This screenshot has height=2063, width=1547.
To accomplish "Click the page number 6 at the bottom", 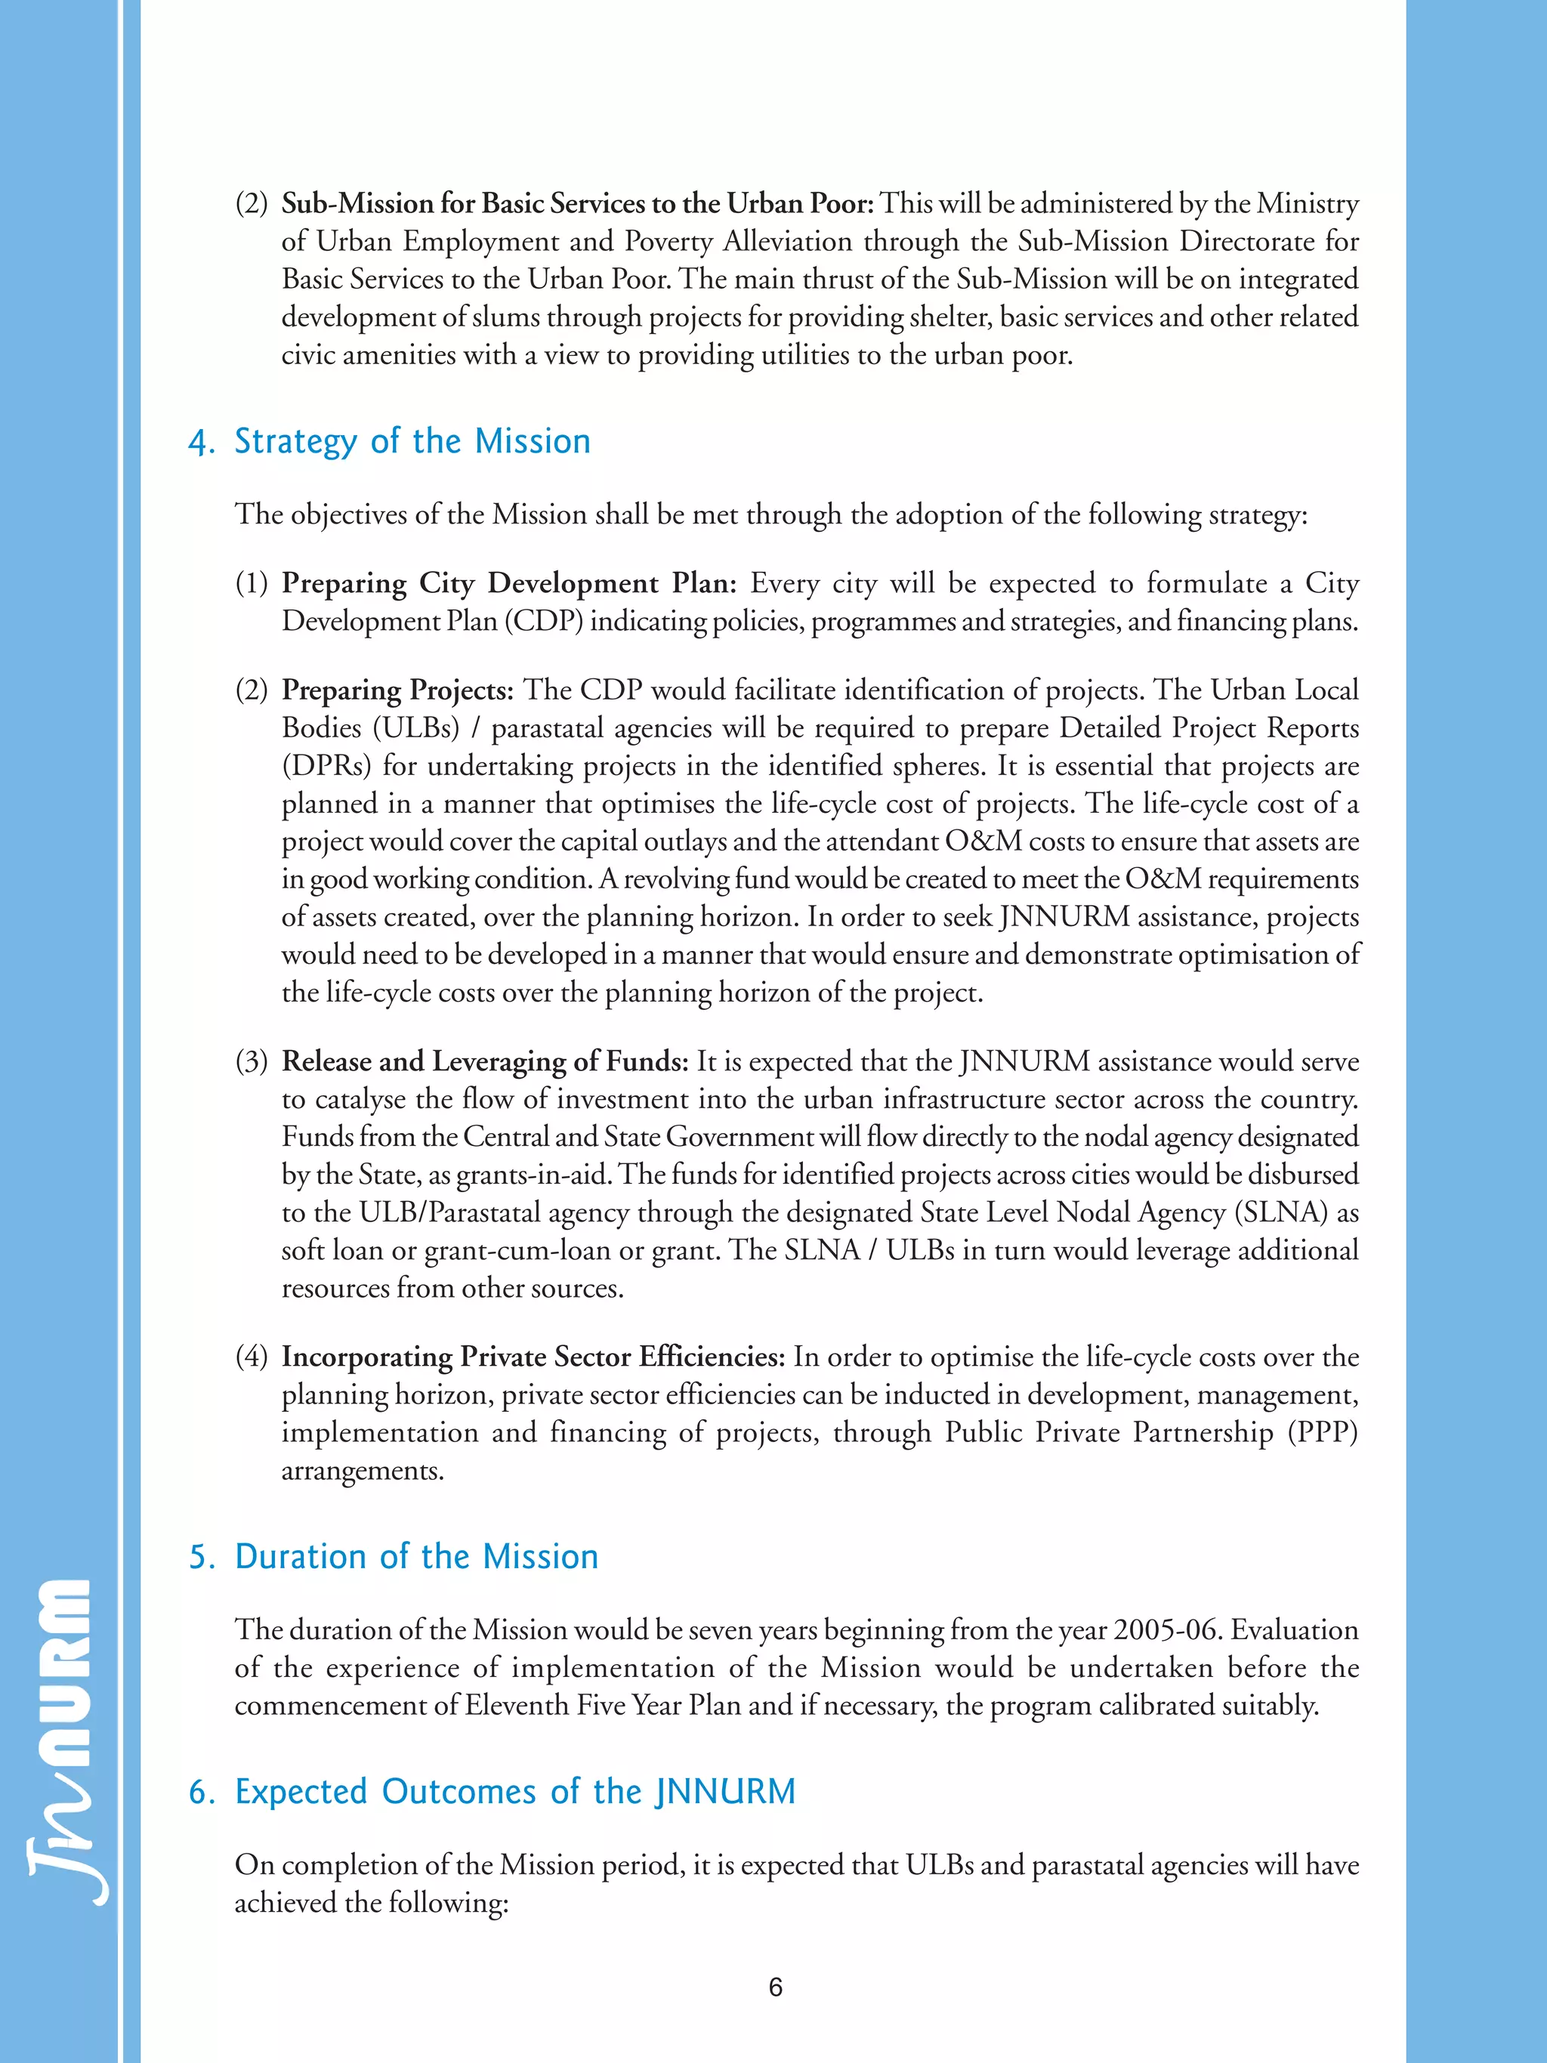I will (775, 1987).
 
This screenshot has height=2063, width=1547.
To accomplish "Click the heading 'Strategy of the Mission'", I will (412, 441).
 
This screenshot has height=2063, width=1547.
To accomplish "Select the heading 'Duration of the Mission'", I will (416, 1557).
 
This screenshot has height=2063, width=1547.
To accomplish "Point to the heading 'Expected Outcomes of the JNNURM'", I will (514, 1792).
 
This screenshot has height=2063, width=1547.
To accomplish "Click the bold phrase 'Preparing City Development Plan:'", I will (509, 584).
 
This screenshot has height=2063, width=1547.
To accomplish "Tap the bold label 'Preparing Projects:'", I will (397, 690).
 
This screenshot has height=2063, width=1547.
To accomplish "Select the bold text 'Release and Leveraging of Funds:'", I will (485, 1061).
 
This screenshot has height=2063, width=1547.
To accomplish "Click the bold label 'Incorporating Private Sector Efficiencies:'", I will (533, 1357).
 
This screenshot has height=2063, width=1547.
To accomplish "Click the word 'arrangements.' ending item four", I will (363, 1471).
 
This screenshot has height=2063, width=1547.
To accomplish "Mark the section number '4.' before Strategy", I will (202, 442).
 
